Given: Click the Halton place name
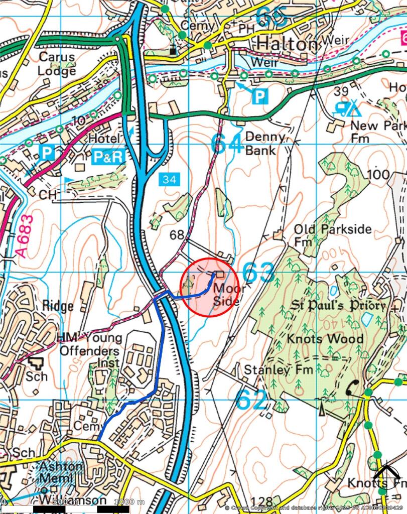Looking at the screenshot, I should pos(287,44).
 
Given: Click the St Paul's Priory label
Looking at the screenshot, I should pos(339,305).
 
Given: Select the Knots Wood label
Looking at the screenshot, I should pos(325,339).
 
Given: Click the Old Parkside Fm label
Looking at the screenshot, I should pos(332,235).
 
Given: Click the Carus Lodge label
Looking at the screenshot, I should pos(57,64).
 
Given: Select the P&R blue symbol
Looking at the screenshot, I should pos(108,157).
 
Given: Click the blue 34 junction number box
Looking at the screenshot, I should pos(170,179).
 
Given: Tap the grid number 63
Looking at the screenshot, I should pos(258,274).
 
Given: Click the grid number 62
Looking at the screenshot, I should pos(252,400).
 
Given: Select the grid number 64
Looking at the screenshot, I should pos(227,144).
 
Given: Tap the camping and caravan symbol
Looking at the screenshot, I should pos(347,107).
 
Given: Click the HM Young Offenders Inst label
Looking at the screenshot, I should pos(89,350).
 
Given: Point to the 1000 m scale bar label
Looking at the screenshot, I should pos(129,501).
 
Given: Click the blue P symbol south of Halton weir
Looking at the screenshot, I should pos(259,96).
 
